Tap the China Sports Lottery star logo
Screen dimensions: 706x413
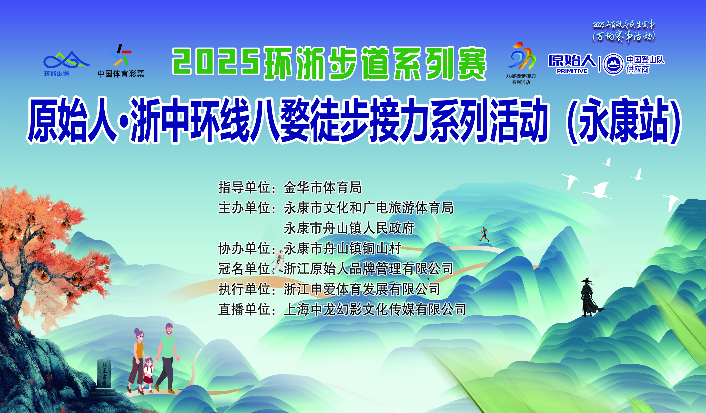[121, 55]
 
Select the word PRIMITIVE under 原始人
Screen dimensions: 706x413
[572, 71]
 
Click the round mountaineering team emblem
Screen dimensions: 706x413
[613, 64]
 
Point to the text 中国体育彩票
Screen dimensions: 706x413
[121, 74]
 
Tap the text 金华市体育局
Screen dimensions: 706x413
[323, 187]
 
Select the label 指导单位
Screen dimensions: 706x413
[244, 187]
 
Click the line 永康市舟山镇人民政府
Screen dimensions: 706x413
[349, 228]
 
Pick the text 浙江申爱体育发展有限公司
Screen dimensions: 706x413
[362, 289]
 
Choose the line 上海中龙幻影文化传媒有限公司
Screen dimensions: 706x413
[375, 310]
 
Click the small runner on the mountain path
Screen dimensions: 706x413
[484, 234]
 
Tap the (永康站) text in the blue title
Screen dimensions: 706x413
[623, 121]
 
